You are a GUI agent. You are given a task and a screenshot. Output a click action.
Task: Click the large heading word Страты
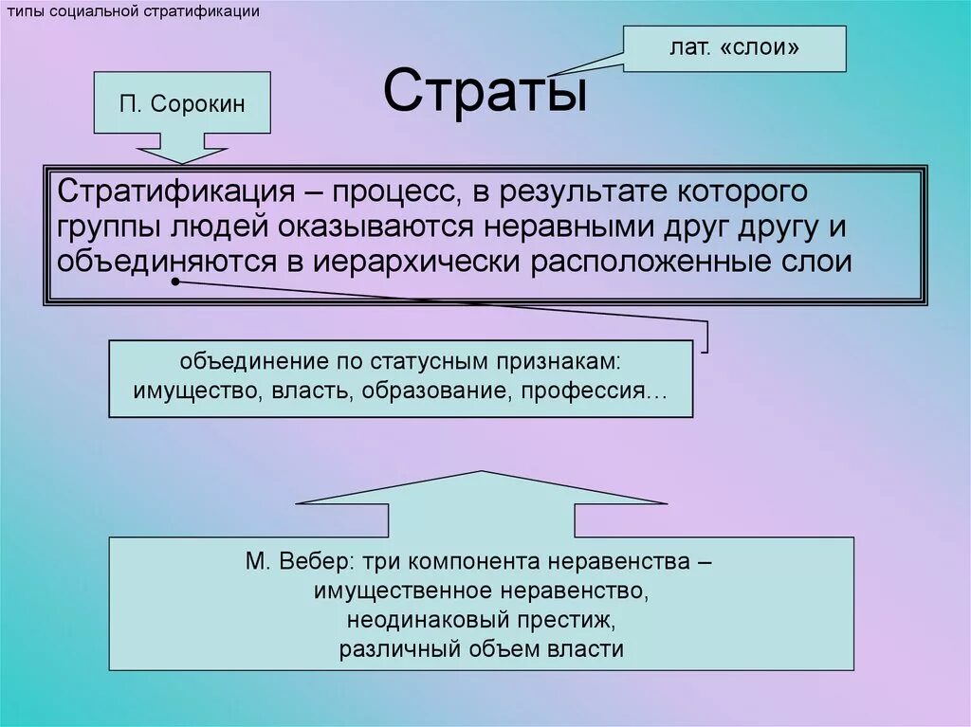tap(485, 92)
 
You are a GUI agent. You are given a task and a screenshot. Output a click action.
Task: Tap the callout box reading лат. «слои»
tap(734, 48)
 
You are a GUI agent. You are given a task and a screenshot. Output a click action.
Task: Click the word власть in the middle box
tap(304, 391)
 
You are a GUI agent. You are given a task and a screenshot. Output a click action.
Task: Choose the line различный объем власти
tap(482, 649)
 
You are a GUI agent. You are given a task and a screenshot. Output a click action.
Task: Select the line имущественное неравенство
tap(482, 591)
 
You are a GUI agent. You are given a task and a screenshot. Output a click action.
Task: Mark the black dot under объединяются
tap(175, 282)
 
